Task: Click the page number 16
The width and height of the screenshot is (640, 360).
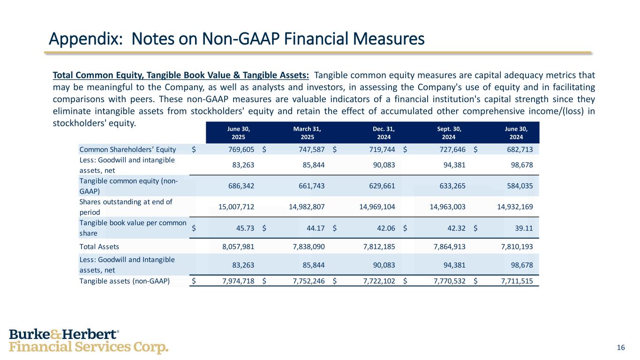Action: [x=621, y=347]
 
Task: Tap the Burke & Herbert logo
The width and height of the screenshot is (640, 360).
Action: [x=89, y=341]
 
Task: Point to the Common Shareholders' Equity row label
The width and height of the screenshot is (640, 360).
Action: [x=128, y=150]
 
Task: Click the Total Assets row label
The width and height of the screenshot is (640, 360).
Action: [x=99, y=246]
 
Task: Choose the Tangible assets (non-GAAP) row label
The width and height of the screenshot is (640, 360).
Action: [x=124, y=281]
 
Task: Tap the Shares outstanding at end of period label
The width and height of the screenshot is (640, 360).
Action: [x=126, y=206]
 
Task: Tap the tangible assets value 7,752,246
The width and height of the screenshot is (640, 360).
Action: [x=305, y=281]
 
